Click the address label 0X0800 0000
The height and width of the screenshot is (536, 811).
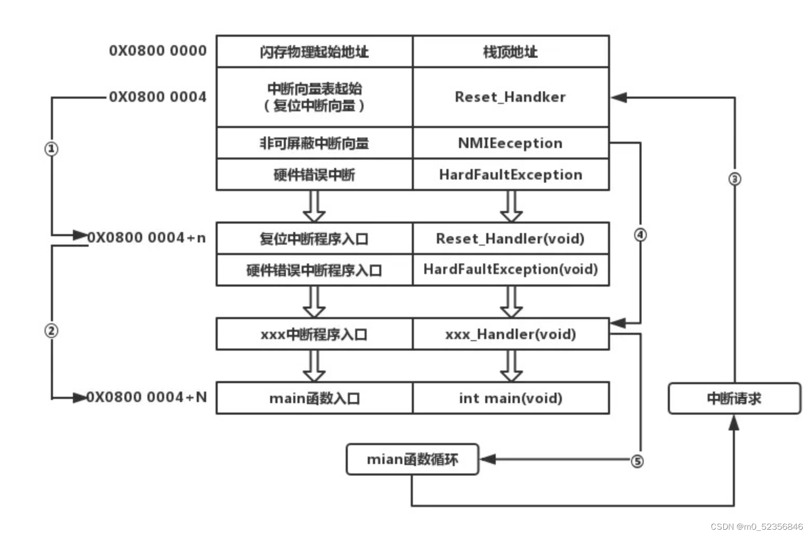point(157,51)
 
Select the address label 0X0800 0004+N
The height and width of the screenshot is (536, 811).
point(147,397)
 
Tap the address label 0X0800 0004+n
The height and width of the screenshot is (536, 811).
point(147,238)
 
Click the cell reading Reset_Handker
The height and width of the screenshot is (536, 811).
point(510,97)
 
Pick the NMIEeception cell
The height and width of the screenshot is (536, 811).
point(510,143)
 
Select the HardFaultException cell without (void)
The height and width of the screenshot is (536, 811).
point(510,175)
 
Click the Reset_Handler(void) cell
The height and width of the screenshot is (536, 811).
point(510,239)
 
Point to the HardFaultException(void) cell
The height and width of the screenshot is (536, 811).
point(510,270)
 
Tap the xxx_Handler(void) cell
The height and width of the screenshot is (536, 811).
point(510,334)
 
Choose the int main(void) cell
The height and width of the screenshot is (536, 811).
point(510,398)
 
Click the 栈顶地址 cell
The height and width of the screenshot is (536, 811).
point(510,51)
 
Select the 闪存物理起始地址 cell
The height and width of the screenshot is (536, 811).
point(314,51)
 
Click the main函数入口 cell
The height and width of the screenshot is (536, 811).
point(314,398)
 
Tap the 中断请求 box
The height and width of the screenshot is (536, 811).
point(734,398)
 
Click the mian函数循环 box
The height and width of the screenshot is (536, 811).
point(412,460)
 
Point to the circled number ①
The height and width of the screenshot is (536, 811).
point(51,149)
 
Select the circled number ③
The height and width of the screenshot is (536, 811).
point(734,179)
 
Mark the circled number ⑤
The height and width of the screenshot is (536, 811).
point(637,461)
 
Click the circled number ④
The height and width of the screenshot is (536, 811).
point(640,235)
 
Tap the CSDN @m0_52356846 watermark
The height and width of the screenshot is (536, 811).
point(756,527)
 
